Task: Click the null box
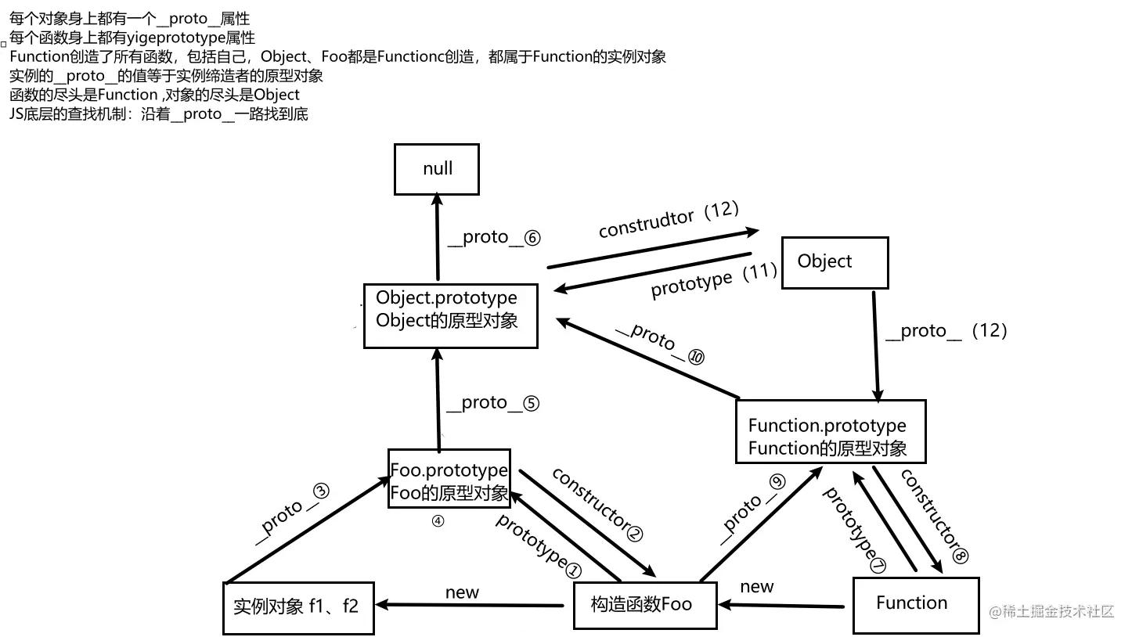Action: point(437,169)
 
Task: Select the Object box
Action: point(835,262)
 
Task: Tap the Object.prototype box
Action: point(450,315)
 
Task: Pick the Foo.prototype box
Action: point(449,478)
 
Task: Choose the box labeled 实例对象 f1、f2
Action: point(298,607)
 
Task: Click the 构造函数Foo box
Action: point(644,604)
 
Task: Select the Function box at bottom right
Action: point(915,604)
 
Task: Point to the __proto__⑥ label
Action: point(494,238)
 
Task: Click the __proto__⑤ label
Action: point(492,403)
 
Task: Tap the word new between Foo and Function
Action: point(756,587)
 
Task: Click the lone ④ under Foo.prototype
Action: point(438,521)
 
